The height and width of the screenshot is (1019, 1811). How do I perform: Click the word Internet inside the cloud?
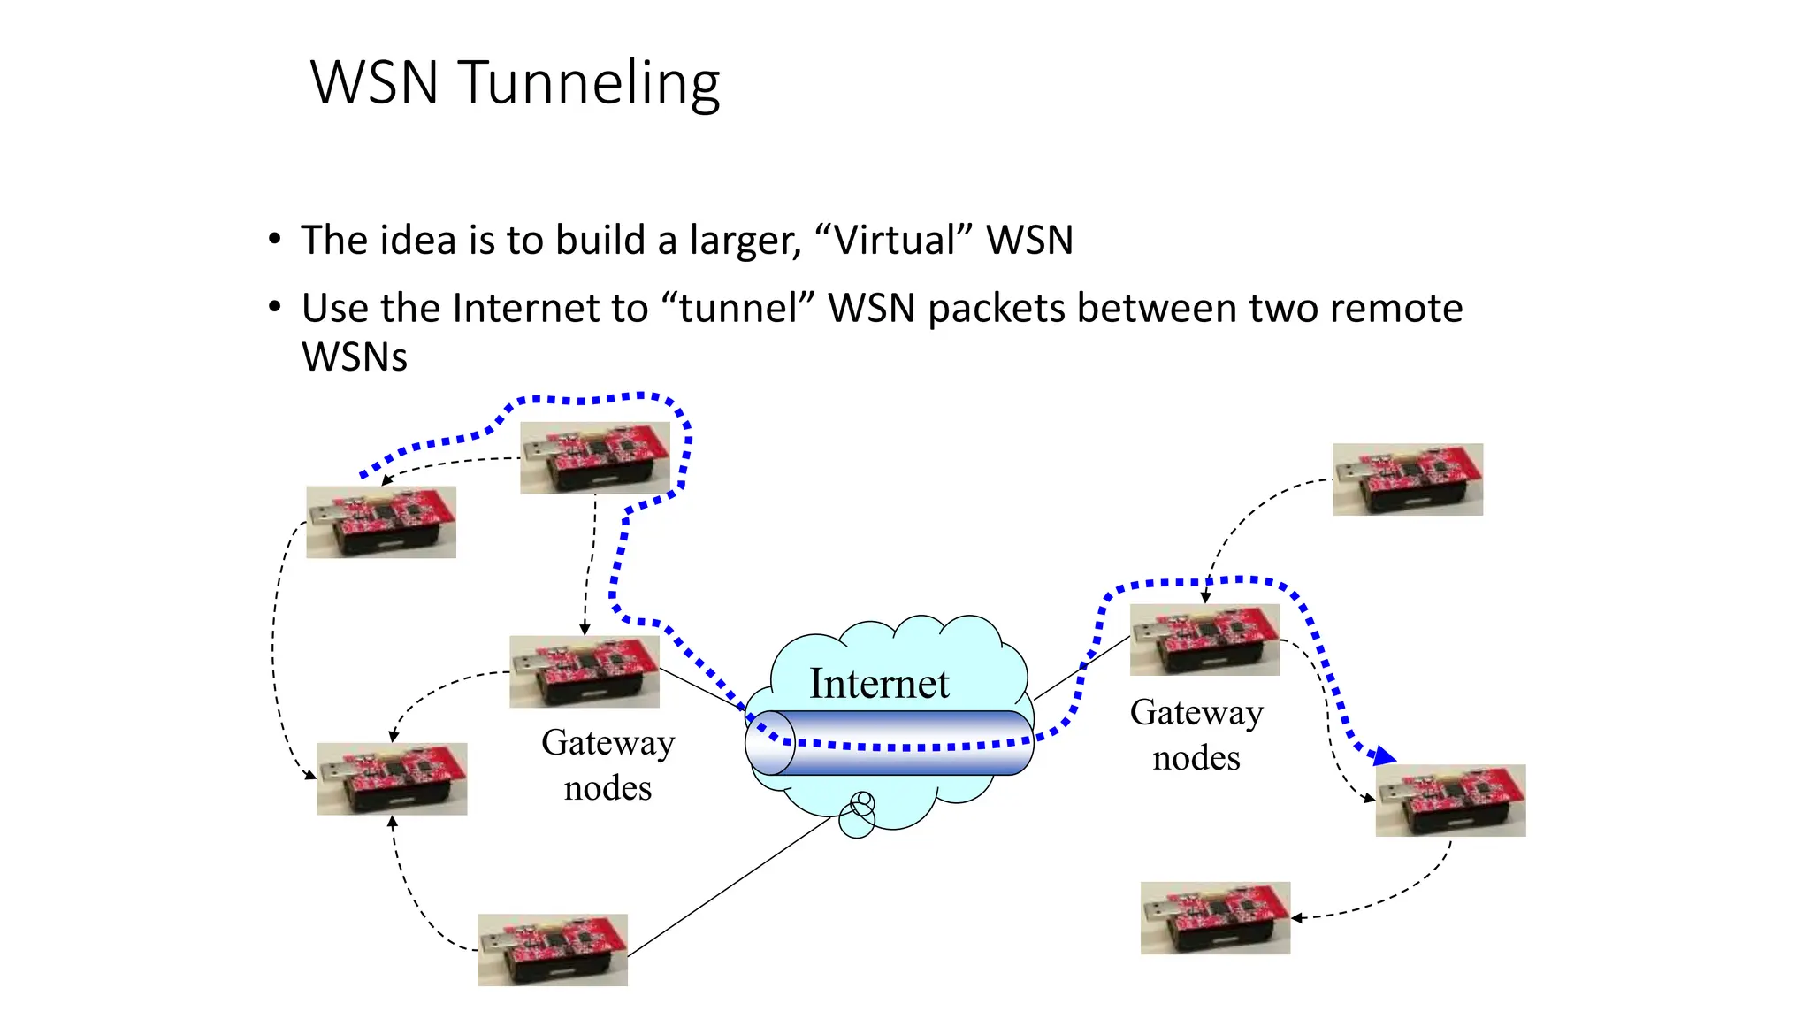click(x=879, y=684)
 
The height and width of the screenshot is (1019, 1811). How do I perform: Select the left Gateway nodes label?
click(x=608, y=765)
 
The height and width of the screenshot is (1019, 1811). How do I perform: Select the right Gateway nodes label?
click(x=1196, y=735)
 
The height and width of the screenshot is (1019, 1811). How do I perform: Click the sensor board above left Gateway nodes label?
click(x=585, y=671)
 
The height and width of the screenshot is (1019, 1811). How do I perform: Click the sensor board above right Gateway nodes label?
click(x=1204, y=640)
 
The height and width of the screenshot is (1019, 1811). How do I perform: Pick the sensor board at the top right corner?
click(x=1408, y=479)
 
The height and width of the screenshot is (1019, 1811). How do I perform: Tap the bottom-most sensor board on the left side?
click(x=553, y=950)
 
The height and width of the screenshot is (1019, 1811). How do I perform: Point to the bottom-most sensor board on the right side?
click(x=1215, y=917)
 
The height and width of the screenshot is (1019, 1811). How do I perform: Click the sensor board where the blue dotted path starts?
click(x=381, y=522)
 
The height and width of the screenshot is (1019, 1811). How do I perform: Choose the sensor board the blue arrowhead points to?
click(x=1450, y=801)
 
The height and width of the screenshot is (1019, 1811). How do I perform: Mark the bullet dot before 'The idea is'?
click(x=275, y=240)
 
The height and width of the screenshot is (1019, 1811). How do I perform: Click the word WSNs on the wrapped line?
click(x=355, y=357)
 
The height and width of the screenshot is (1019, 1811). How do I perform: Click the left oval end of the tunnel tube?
click(x=770, y=743)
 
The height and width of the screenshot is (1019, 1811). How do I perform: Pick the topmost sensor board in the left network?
click(x=595, y=458)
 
